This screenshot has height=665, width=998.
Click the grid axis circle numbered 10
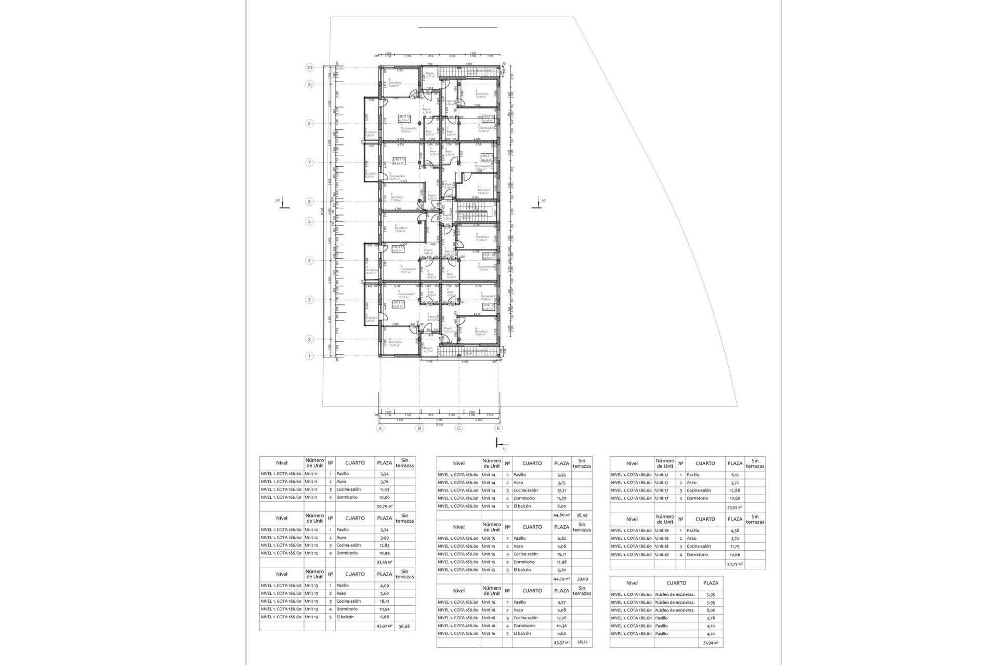point(309,68)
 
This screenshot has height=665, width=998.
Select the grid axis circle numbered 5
point(309,221)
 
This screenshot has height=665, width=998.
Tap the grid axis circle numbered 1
point(309,356)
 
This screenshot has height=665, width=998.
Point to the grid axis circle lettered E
point(498,428)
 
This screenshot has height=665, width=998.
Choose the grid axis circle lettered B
point(419,428)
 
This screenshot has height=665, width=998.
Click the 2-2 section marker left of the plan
point(281,205)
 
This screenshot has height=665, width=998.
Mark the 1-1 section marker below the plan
point(500,444)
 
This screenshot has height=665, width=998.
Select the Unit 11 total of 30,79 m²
point(384,506)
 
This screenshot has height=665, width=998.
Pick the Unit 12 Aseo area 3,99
point(384,538)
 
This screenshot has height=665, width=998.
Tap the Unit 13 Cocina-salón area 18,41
point(384,601)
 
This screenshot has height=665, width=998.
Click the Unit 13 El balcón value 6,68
point(384,617)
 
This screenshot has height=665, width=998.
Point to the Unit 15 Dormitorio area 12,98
point(561,562)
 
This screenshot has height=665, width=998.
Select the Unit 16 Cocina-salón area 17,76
point(561,618)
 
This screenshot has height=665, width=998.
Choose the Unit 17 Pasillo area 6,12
point(734,475)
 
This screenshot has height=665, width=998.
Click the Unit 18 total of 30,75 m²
point(734,564)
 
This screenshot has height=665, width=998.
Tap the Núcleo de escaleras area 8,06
point(711,610)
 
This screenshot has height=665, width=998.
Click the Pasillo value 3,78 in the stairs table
point(711,618)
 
